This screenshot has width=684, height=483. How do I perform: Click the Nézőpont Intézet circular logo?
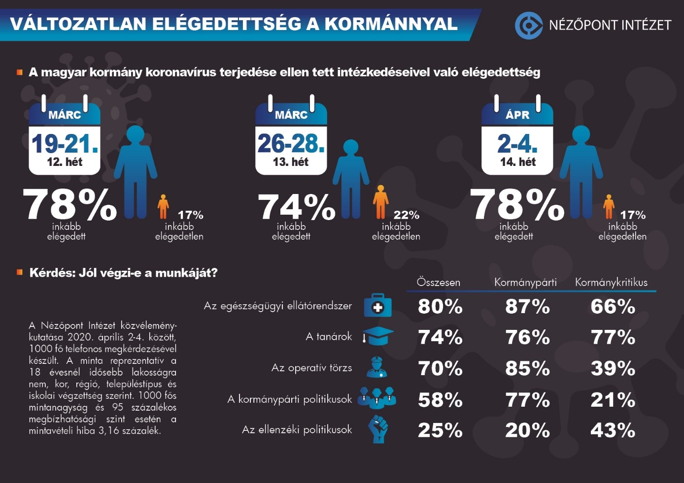[528, 25]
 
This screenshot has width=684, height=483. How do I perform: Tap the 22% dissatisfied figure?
[406, 215]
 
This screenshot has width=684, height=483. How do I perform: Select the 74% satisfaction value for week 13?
[296, 206]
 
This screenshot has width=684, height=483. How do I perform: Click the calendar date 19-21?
[65, 144]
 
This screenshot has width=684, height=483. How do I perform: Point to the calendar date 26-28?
[291, 144]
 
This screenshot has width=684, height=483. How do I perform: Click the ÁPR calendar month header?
[517, 115]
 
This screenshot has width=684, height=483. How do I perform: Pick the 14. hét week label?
[517, 162]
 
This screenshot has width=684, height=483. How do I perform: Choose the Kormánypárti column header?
[525, 282]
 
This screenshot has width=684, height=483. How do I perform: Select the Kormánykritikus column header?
[611, 282]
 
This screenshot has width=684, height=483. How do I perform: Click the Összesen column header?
[438, 282]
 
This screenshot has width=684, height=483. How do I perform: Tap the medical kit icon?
[377, 306]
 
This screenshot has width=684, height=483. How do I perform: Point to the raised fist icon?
[378, 429]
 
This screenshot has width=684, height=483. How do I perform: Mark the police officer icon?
[377, 367]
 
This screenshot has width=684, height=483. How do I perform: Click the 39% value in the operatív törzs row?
[613, 368]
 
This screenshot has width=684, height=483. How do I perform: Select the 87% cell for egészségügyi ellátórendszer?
[527, 307]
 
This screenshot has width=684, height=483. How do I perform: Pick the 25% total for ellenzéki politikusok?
[440, 430]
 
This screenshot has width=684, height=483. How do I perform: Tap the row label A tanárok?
[329, 337]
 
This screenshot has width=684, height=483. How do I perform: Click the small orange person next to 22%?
[380, 202]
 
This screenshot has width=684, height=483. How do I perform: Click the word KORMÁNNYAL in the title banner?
[391, 24]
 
